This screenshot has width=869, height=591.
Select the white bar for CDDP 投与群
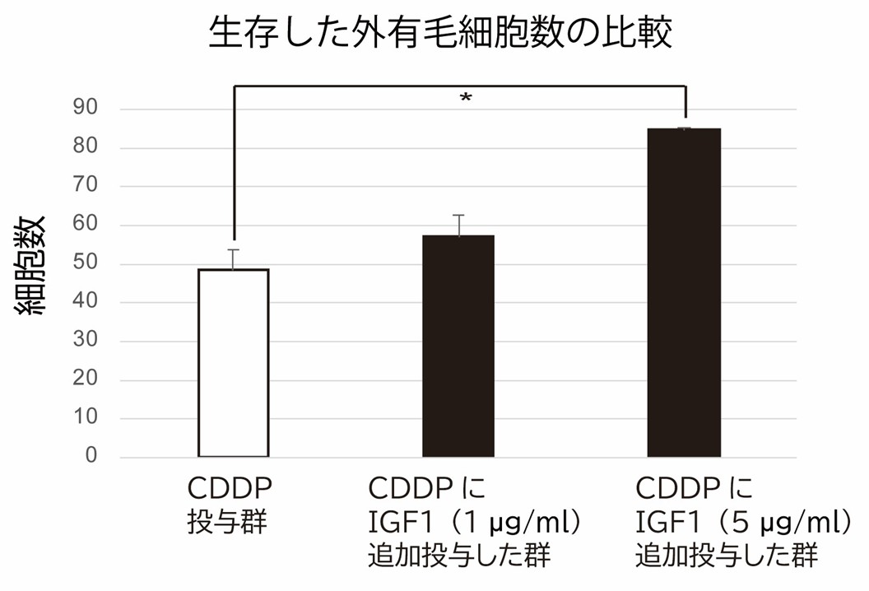[x=234, y=362]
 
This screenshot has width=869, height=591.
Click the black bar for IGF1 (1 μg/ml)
[x=458, y=346]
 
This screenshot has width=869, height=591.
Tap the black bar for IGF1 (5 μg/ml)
[x=684, y=292]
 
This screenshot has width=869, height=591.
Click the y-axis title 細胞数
[x=33, y=265]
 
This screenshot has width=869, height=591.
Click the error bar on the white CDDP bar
[x=234, y=258]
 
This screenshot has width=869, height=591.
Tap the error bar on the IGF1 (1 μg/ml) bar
[x=458, y=225]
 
